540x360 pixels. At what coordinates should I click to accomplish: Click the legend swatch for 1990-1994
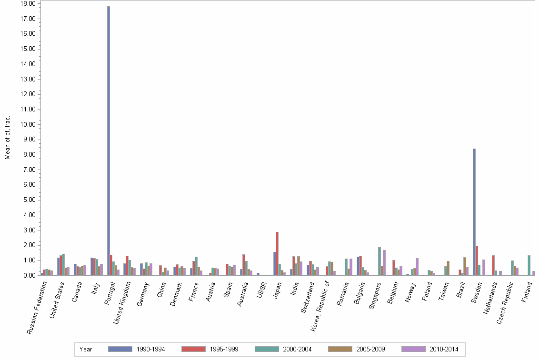[x=120, y=349]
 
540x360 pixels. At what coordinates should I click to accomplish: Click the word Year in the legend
[x=86, y=350]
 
